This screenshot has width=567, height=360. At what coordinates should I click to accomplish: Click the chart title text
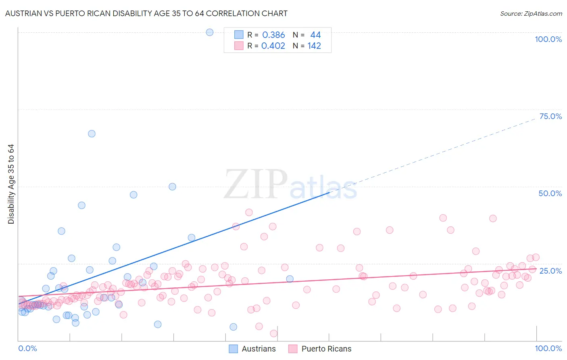[146, 13]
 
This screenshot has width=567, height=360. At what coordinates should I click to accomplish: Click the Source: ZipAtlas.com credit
[531, 13]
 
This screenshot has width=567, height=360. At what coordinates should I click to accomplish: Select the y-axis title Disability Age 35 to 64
[11, 184]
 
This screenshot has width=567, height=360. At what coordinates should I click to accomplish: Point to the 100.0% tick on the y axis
[548, 39]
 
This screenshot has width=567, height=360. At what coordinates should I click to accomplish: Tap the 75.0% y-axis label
[550, 116]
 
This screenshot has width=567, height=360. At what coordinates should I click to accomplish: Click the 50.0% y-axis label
[550, 193]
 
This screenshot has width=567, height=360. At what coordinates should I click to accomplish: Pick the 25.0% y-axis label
[550, 271]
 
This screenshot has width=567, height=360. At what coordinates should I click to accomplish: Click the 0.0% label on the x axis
[27, 348]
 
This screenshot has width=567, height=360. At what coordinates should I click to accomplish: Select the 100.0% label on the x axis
[548, 348]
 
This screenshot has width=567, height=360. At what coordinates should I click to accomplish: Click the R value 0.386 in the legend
[273, 35]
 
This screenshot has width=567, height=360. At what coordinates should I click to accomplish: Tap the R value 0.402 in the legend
[273, 46]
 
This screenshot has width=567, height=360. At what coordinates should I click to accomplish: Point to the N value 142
[314, 46]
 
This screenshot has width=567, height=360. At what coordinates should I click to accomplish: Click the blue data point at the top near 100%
[210, 32]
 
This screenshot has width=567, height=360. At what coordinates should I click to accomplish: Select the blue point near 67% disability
[92, 134]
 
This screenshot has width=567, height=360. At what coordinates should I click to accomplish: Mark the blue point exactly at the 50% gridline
[172, 186]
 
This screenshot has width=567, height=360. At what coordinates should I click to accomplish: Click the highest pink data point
[249, 212]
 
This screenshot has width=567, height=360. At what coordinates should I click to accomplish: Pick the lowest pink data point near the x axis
[273, 333]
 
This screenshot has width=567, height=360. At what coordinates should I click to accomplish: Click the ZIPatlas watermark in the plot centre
[290, 185]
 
